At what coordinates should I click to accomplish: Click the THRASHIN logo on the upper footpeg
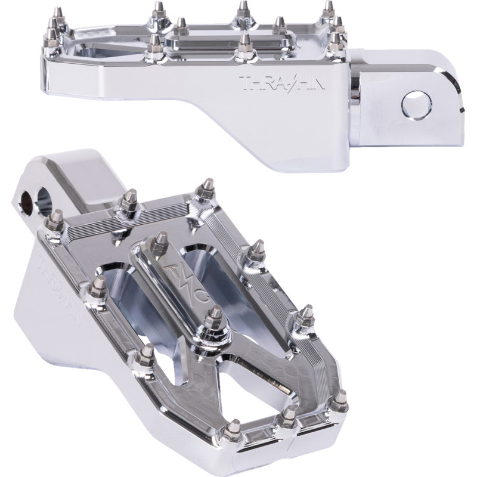283,83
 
